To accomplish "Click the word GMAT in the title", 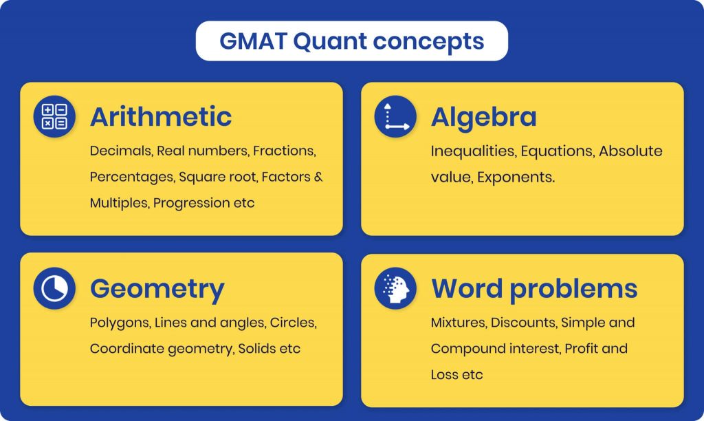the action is click(x=253, y=41).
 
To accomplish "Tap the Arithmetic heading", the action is click(x=161, y=117).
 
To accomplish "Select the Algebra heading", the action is click(x=483, y=117).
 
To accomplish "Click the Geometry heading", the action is click(x=157, y=289).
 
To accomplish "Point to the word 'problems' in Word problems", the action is click(x=573, y=289).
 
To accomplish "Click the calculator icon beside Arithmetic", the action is click(x=54, y=116).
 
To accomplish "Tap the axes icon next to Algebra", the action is click(x=395, y=116).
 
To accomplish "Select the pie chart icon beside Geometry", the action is click(x=54, y=288).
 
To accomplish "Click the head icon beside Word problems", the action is click(x=395, y=288).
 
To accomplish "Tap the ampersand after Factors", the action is click(x=318, y=177).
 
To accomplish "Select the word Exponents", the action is click(x=516, y=177).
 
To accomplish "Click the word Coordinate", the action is click(x=127, y=349).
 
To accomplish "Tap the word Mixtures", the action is click(x=459, y=323).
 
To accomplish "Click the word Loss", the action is click(x=445, y=375).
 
